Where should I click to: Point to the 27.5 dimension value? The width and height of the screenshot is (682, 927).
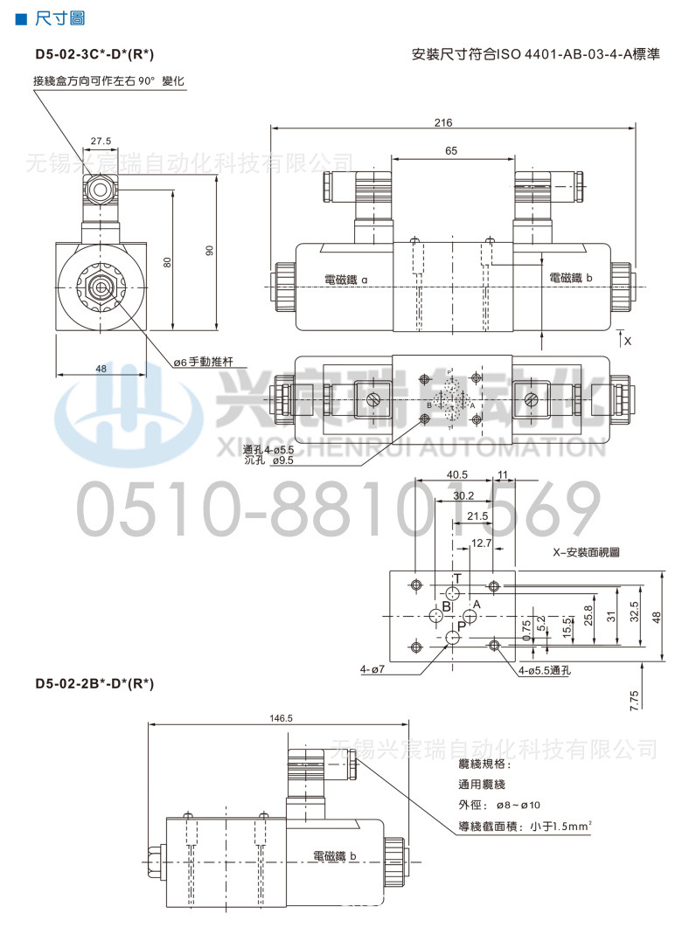tap(101, 140)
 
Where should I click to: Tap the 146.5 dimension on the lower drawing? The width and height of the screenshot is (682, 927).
tap(282, 718)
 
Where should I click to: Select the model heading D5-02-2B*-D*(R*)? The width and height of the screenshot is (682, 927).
tap(94, 683)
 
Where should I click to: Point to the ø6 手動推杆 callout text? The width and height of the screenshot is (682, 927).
tap(207, 361)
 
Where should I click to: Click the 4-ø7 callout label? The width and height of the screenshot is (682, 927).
tap(372, 670)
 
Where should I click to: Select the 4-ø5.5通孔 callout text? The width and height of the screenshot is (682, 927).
tap(544, 670)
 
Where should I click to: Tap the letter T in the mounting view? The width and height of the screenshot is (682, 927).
tap(456, 578)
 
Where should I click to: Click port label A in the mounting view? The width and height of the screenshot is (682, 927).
tap(477, 604)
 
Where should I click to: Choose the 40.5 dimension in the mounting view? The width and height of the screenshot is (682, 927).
tap(456, 474)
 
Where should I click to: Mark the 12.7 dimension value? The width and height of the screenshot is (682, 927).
tap(481, 543)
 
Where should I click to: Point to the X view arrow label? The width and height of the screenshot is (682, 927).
tap(627, 340)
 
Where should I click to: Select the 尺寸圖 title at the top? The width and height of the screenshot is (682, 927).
tap(55, 18)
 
